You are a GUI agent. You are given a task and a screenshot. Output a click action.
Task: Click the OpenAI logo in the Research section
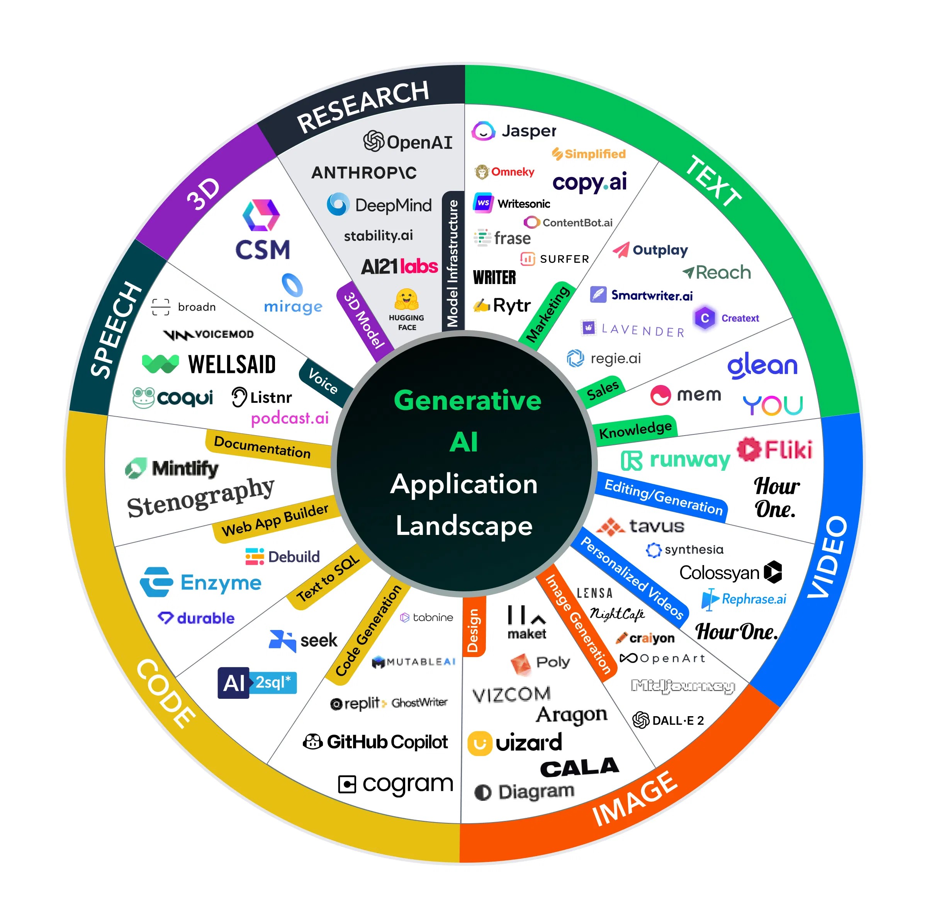pyautogui.click(x=407, y=141)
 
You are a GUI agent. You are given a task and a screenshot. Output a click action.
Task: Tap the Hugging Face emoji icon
pyautogui.click(x=406, y=299)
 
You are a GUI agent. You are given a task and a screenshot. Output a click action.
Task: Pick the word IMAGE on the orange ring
pyautogui.click(x=635, y=800)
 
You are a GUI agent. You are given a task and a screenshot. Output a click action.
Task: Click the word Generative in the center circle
pyautogui.click(x=467, y=400)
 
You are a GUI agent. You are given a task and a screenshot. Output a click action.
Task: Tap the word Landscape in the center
pyautogui.click(x=464, y=526)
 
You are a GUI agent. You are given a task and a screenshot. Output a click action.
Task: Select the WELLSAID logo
pyautogui.click(x=232, y=364)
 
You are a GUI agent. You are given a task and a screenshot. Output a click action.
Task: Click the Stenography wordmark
pyautogui.click(x=200, y=498)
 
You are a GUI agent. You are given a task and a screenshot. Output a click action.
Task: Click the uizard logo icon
pyautogui.click(x=480, y=743)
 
